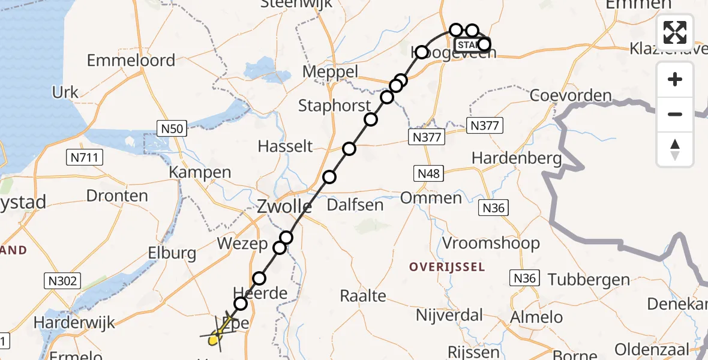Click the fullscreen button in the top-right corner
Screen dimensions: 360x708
pos(675,32)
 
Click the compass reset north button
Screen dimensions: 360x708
pos(675,149)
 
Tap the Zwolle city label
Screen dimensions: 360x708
pos(284,207)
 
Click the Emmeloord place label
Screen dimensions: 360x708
pos(131,61)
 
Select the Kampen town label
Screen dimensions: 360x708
pos(200,172)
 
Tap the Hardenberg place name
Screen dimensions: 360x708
pos(517,158)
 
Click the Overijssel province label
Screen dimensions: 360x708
pos(447,266)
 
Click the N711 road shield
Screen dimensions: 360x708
pos(85,158)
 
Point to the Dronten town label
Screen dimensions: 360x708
pos(117,196)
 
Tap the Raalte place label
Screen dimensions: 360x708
pos(362,295)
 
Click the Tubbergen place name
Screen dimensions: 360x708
pos(589,279)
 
